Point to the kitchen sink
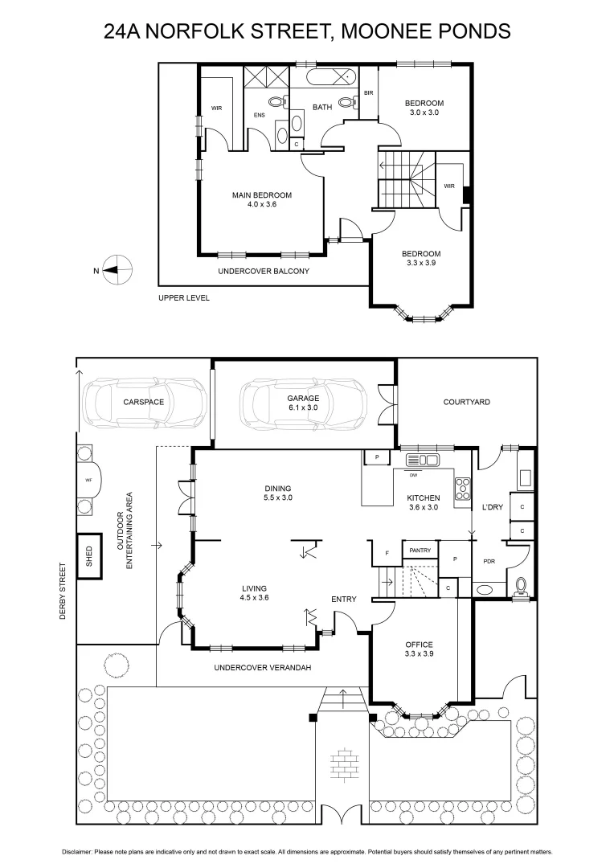(x=422, y=460)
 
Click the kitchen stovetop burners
(x=463, y=487)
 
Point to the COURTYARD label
(x=467, y=402)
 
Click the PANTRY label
(x=420, y=551)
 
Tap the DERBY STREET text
(x=62, y=590)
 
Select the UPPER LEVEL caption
(x=184, y=297)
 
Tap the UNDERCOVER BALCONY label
(x=264, y=271)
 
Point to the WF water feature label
(x=88, y=480)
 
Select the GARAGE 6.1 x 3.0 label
(x=303, y=402)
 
